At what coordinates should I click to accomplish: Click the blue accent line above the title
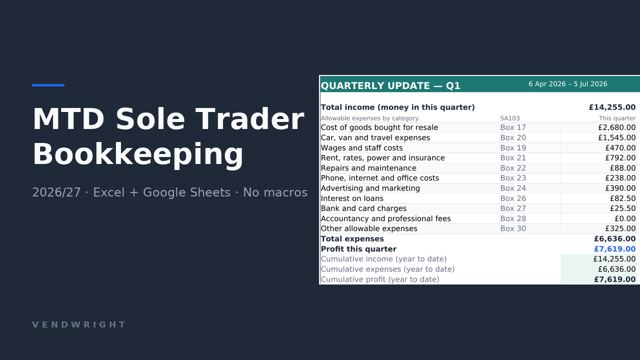(x=48, y=85)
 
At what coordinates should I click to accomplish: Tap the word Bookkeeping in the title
(x=138, y=154)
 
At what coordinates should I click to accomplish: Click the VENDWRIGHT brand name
(x=79, y=324)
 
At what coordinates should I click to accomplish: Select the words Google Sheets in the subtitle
(x=186, y=192)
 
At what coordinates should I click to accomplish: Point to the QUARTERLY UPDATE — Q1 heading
(x=390, y=85)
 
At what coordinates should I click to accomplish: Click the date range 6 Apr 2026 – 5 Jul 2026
(x=567, y=84)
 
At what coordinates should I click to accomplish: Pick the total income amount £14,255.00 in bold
(x=612, y=107)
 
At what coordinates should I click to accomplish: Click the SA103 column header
(x=509, y=118)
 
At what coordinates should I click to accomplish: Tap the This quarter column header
(x=617, y=118)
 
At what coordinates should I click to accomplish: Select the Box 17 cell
(x=513, y=127)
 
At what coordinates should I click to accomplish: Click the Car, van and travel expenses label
(x=375, y=137)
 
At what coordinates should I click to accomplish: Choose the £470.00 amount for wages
(x=620, y=147)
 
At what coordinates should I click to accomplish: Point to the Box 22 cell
(x=513, y=168)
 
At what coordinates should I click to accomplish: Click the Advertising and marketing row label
(x=370, y=188)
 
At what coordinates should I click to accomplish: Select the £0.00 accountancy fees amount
(x=625, y=218)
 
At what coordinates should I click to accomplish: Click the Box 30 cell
(x=513, y=228)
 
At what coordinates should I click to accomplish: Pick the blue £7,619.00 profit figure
(x=615, y=249)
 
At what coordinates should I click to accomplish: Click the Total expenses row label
(x=352, y=239)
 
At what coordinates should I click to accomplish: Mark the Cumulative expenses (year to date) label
(x=387, y=269)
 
